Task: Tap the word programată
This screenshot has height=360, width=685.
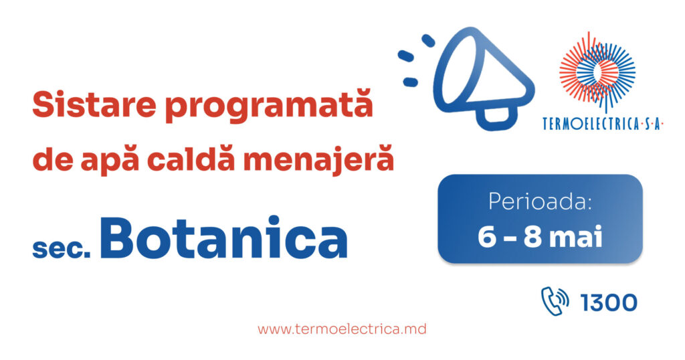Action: (269, 105)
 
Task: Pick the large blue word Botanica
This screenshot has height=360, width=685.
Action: (223, 238)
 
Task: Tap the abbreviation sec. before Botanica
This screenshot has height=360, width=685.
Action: (62, 248)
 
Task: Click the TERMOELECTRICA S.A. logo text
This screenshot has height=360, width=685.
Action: (603, 124)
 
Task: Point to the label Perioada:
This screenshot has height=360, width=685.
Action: (540, 202)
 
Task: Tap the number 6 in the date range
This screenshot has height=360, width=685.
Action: (487, 238)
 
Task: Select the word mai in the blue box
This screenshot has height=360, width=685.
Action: (576, 238)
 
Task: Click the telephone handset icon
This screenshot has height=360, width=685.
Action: (555, 301)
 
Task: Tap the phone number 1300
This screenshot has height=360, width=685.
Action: (609, 302)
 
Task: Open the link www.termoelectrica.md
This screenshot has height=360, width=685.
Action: (342, 329)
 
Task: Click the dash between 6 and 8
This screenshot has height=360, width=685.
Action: (509, 239)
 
